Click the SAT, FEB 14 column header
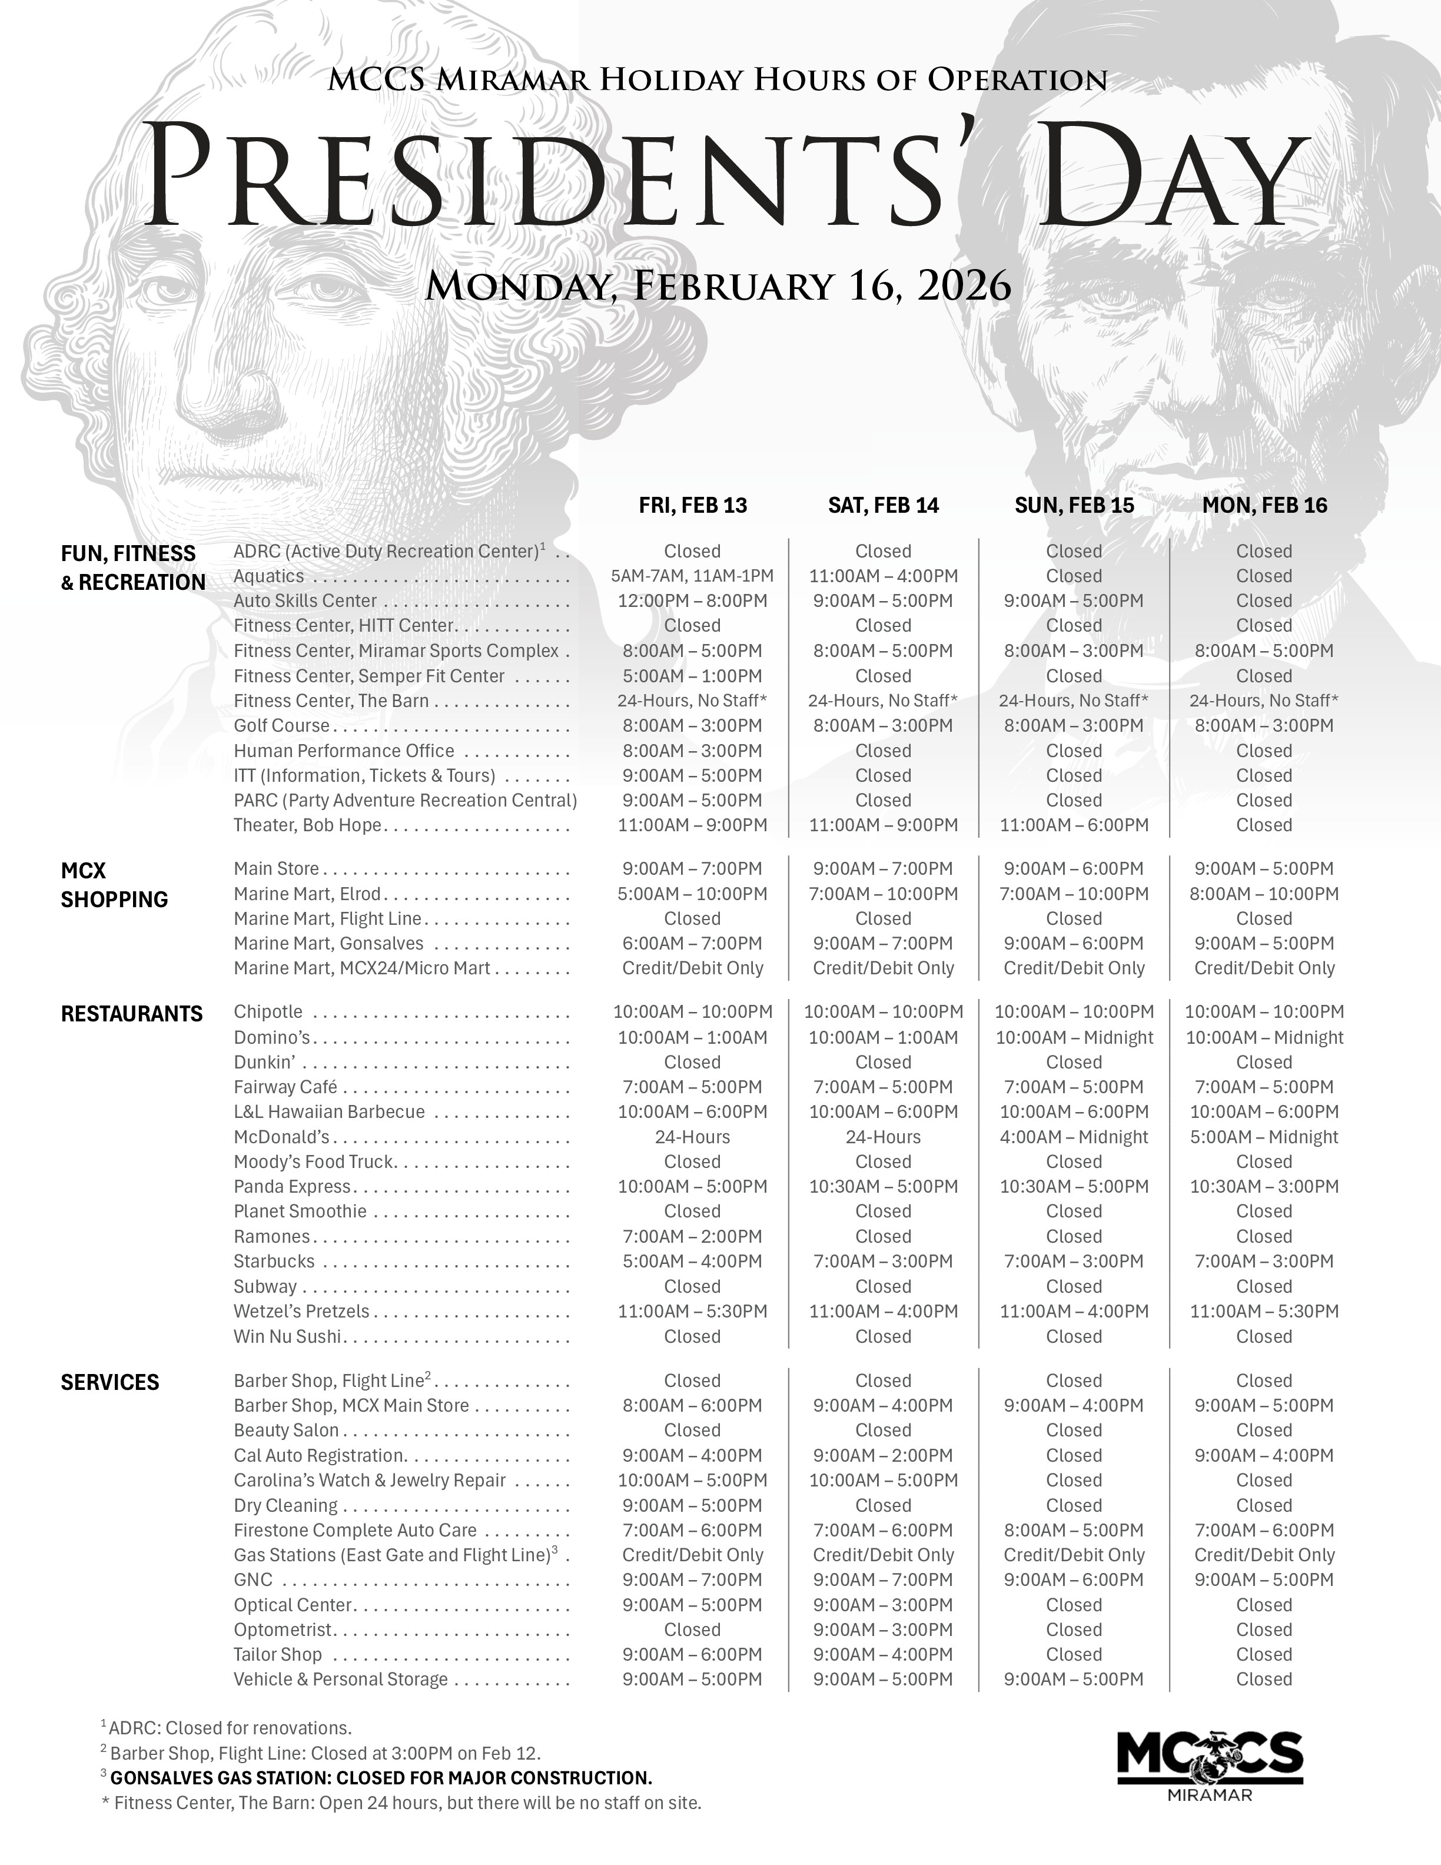tap(883, 506)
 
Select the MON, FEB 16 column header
tap(1264, 506)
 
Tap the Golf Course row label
tap(282, 726)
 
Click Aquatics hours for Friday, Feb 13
tap(692, 576)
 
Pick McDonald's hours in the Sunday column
tap(1074, 1137)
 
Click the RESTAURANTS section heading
tap(131, 1014)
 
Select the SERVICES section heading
tap(110, 1382)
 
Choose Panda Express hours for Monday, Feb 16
tap(1264, 1187)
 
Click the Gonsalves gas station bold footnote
tap(381, 1778)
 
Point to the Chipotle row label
tap(268, 1012)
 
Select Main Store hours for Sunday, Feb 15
tap(1074, 870)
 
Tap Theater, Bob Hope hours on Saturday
tap(883, 826)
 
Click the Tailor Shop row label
tap(277, 1654)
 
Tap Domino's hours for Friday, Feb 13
tap(692, 1037)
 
